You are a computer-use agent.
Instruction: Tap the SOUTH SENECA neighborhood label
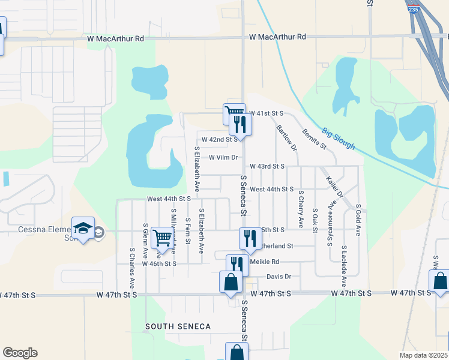coord(178,326)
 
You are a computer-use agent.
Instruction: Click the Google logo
coord(20,353)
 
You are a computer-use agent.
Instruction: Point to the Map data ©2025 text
coord(424,355)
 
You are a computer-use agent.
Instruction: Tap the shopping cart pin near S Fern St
coord(162,238)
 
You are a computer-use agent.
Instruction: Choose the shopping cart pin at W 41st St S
coord(234,113)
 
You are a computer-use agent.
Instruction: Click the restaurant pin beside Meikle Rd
coord(237,264)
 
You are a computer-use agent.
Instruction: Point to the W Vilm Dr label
coord(223,158)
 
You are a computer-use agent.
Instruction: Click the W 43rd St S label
coord(267,166)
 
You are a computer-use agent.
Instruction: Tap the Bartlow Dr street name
coord(286,137)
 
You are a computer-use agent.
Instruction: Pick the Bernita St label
coord(314,139)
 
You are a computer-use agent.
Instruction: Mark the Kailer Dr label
coord(334,187)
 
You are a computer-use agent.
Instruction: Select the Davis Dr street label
coord(279,277)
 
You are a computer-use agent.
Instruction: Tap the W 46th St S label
coord(159,263)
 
